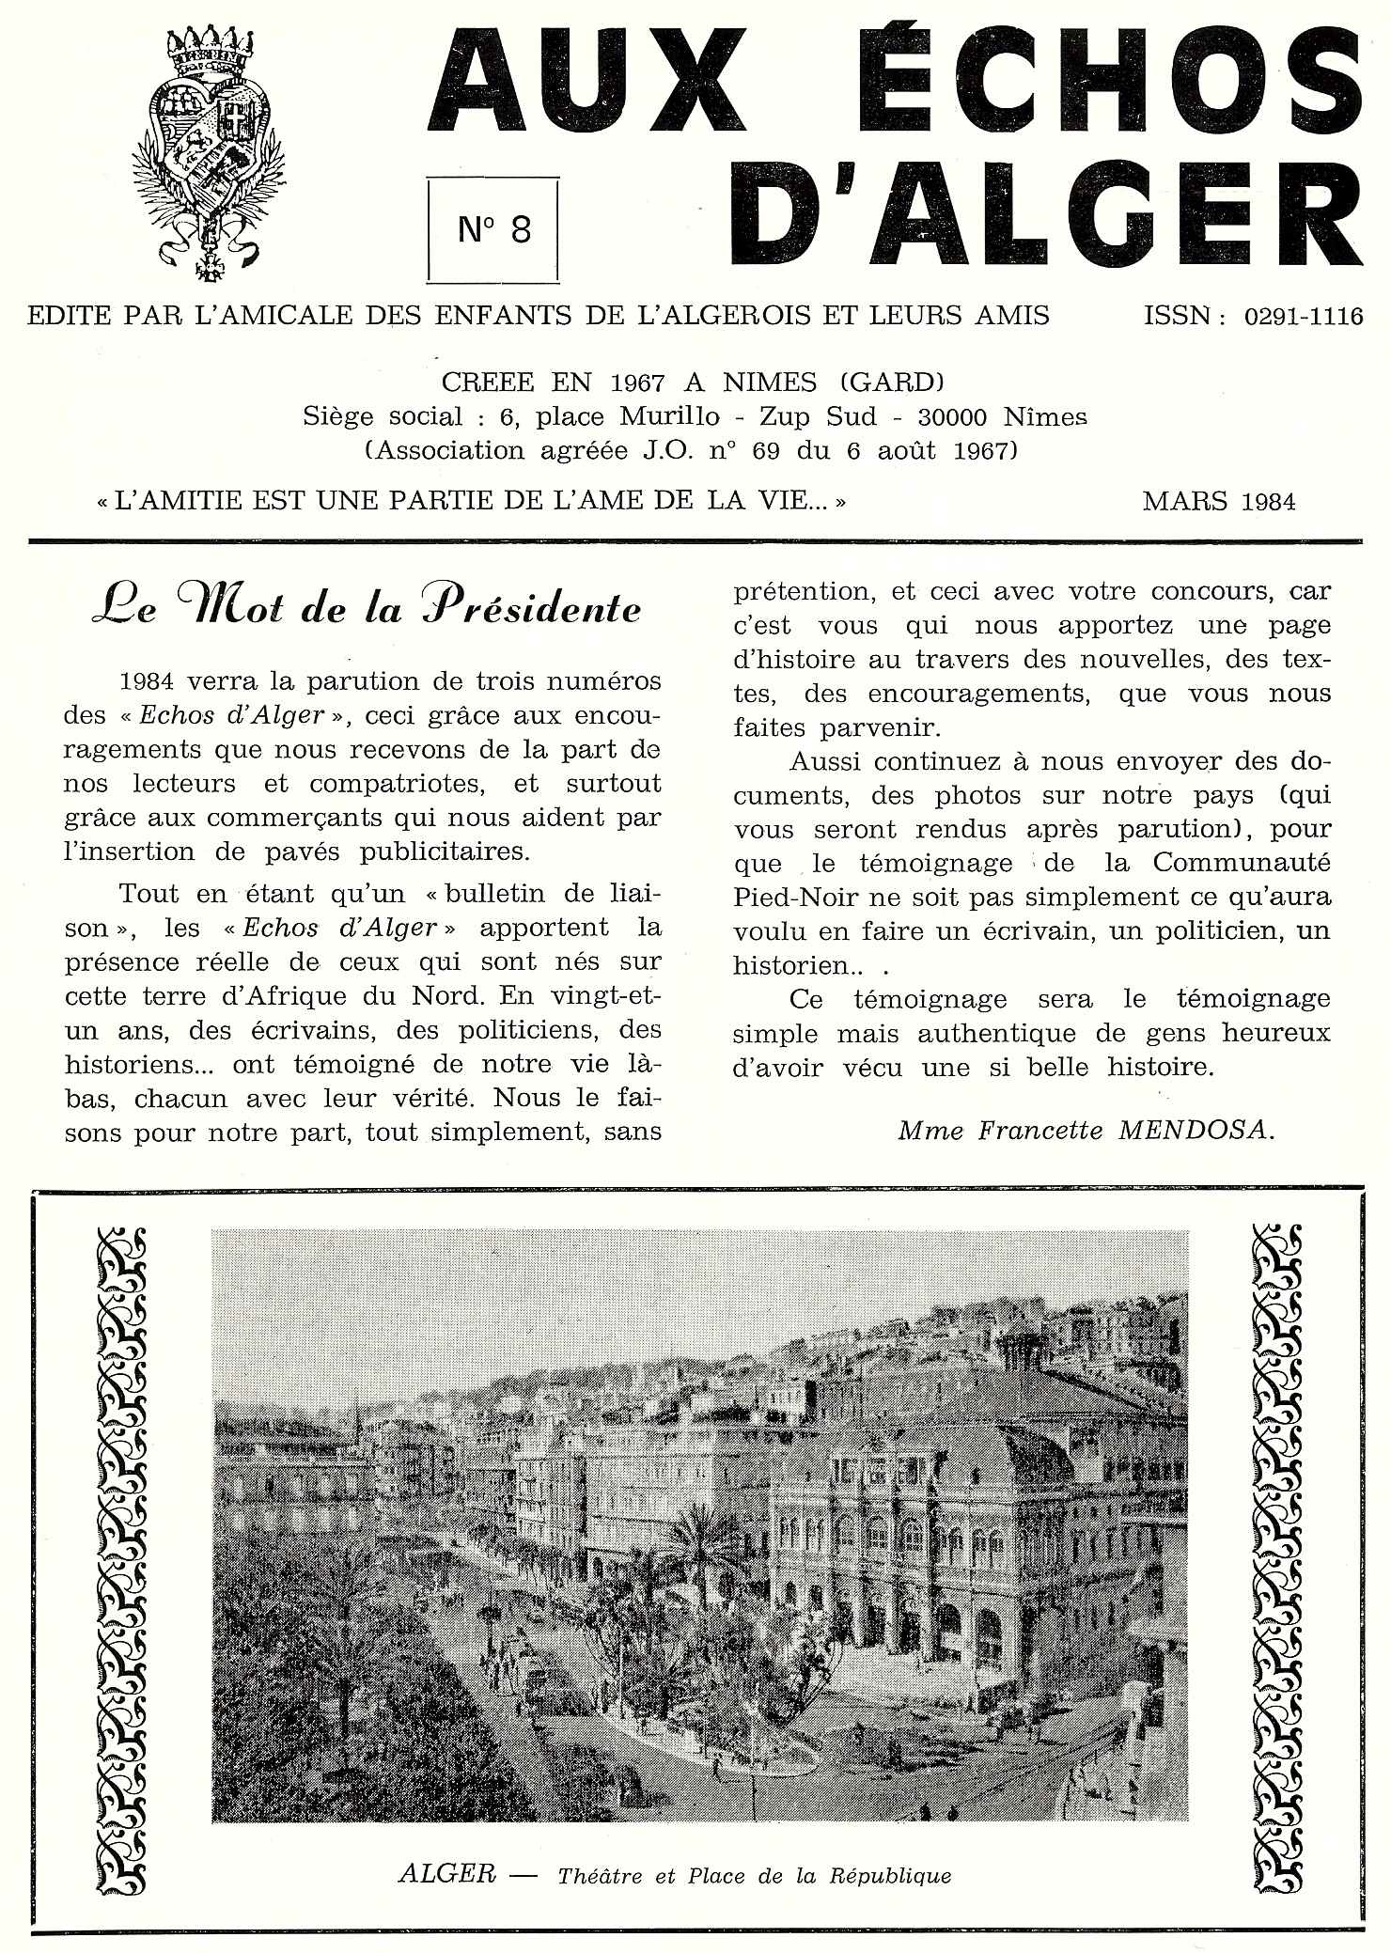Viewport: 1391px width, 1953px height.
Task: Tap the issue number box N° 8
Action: coord(494,228)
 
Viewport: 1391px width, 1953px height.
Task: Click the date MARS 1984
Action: coord(1219,501)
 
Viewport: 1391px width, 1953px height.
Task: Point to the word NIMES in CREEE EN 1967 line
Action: coord(770,382)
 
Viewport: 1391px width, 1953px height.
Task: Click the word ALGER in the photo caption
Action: coord(446,1874)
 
